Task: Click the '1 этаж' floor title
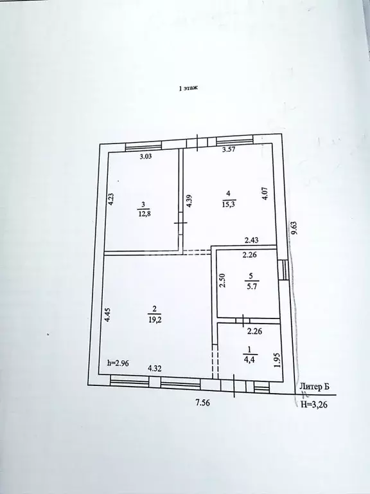(x=188, y=91)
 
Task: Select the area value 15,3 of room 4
(x=227, y=204)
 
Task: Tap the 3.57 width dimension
(x=229, y=151)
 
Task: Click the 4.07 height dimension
(x=265, y=194)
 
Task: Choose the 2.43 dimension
(x=252, y=241)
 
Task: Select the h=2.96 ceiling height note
(x=119, y=363)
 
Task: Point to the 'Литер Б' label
(x=315, y=387)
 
